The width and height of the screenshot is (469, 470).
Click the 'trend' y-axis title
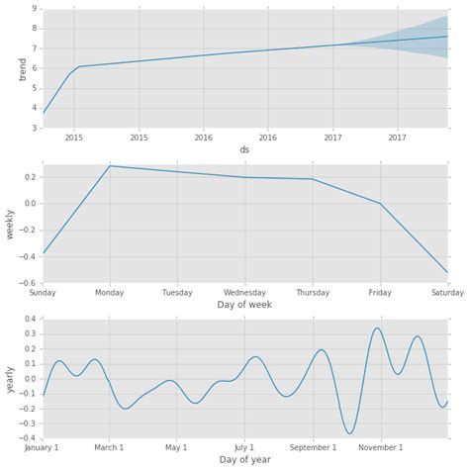(x=23, y=68)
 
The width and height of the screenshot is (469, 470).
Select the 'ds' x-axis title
(x=244, y=149)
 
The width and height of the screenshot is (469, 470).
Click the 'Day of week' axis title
(x=244, y=305)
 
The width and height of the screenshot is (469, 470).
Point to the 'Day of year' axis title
(x=244, y=460)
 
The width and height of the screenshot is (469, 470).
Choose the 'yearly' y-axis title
(x=11, y=379)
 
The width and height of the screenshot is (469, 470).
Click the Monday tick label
(x=110, y=293)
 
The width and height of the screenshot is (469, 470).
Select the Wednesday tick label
(x=244, y=293)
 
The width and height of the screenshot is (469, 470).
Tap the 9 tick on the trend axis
(x=36, y=9)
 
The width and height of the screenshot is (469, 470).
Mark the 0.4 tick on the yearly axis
(x=32, y=319)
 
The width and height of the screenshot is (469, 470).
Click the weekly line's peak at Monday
(x=110, y=166)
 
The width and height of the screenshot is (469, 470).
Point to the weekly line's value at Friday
(x=380, y=204)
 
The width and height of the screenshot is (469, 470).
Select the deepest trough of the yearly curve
(x=349, y=433)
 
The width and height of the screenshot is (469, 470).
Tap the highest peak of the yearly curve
(x=377, y=328)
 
